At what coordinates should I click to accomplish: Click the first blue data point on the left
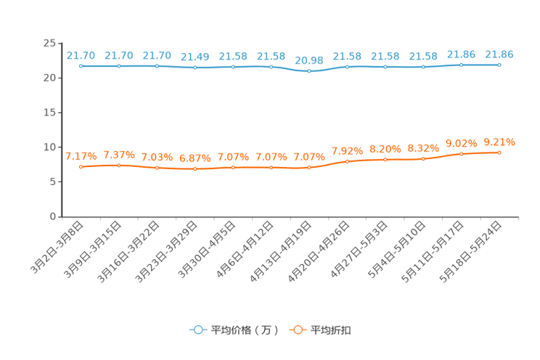tap(81, 66)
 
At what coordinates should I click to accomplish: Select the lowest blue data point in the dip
tap(309, 71)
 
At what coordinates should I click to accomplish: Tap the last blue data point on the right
tap(499, 65)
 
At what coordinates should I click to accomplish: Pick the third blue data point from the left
tap(157, 66)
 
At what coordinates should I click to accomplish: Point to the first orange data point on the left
tap(81, 166)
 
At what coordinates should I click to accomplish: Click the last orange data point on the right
tap(499, 152)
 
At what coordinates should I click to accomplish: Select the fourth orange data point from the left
tap(195, 168)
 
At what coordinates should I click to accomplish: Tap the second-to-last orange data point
tap(461, 154)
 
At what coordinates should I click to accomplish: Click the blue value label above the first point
tap(81, 54)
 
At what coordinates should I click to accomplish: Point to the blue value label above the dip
tap(309, 60)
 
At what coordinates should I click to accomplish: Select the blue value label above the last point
tap(499, 53)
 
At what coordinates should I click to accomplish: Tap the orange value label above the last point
tap(499, 141)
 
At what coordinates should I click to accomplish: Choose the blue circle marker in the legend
tap(197, 330)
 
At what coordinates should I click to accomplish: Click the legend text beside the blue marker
tap(244, 330)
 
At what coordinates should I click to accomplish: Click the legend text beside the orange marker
tap(331, 330)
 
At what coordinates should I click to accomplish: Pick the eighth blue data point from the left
tap(347, 67)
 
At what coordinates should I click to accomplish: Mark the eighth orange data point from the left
tap(347, 161)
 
